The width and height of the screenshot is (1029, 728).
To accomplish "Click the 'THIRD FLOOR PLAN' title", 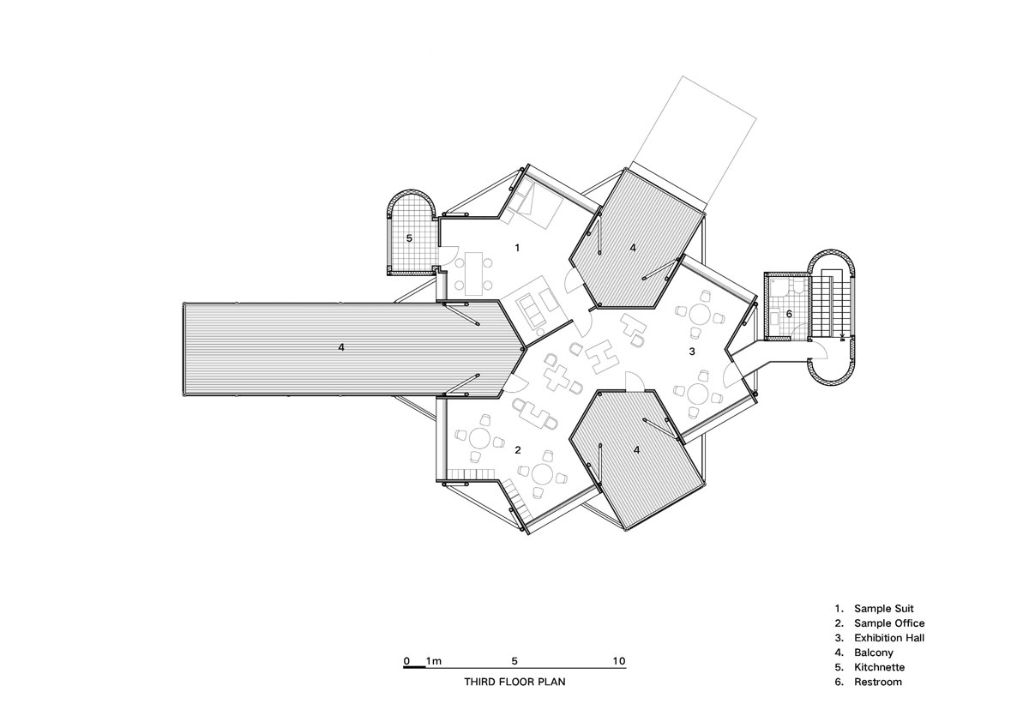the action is (514, 682).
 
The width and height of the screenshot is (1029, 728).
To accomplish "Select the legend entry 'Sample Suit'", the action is (884, 609).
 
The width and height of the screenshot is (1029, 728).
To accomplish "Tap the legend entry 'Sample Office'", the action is (889, 623).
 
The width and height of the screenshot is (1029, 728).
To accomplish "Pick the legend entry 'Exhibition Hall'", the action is (889, 638).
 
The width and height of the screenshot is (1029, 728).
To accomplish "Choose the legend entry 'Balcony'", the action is (874, 653).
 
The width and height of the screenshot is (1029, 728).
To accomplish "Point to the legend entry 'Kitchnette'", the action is (879, 667).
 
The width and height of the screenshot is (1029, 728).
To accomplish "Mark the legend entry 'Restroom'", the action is (878, 682).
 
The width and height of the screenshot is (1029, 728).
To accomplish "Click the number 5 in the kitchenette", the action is (409, 238).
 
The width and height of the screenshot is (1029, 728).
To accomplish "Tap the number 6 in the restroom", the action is (789, 314).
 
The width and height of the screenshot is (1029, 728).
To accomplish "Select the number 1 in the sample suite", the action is (517, 248).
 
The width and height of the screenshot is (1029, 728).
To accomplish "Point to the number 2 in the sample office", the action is (518, 450).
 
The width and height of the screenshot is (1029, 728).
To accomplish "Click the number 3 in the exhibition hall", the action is (692, 352).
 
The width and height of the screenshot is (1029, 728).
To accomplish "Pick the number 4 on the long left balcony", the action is (341, 347).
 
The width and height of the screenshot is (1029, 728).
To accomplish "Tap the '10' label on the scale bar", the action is (619, 661).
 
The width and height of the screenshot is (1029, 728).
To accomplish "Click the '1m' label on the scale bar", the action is (434, 661).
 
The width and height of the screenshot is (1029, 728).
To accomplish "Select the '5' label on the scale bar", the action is (514, 661).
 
